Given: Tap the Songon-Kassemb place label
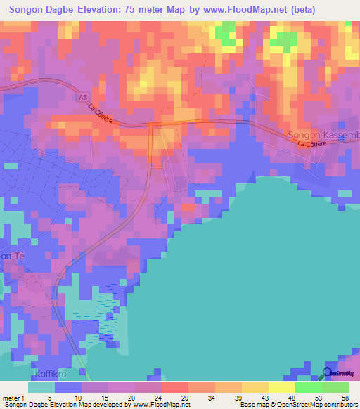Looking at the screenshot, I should pos(323,134).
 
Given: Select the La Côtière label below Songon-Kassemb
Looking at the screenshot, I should pos(313,143).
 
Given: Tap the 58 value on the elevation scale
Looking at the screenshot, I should pos(344,397).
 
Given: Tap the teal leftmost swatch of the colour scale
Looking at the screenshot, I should pos(42,387).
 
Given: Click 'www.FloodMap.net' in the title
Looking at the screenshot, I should pos(238,10).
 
